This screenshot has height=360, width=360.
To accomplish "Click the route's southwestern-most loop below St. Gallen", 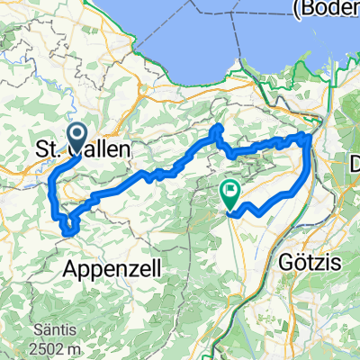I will click(x=68, y=231).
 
